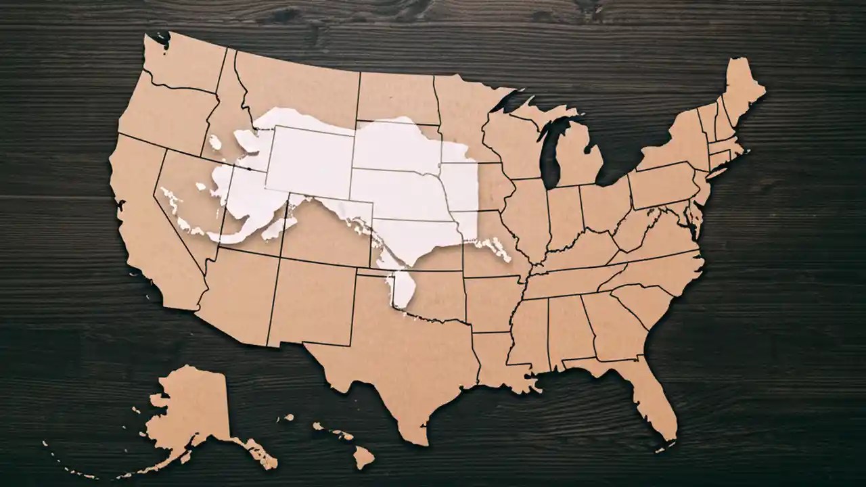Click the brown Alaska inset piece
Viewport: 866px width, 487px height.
(x=189, y=413)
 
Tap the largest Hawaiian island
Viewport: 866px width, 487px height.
(x=363, y=457)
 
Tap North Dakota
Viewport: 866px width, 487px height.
(x=395, y=98)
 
